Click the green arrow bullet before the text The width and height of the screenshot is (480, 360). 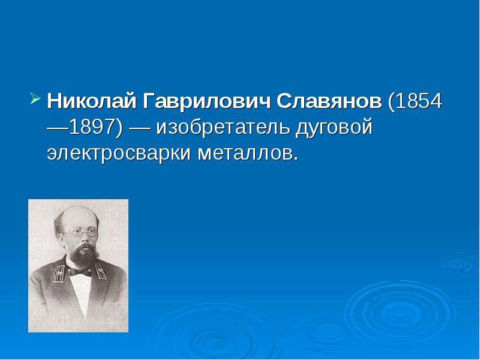click(35, 99)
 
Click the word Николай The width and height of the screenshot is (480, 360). click(92, 101)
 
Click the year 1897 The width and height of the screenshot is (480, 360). click(92, 127)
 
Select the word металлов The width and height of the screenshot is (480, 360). click(245, 154)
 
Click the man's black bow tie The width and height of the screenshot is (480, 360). click(80, 271)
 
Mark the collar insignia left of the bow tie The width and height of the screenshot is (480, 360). click(59, 273)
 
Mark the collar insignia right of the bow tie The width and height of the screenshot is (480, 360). click(100, 271)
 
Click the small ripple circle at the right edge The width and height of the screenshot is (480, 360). click(458, 263)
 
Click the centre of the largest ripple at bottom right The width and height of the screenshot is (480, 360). click(400, 311)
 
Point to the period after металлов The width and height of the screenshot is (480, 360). click(295, 159)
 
